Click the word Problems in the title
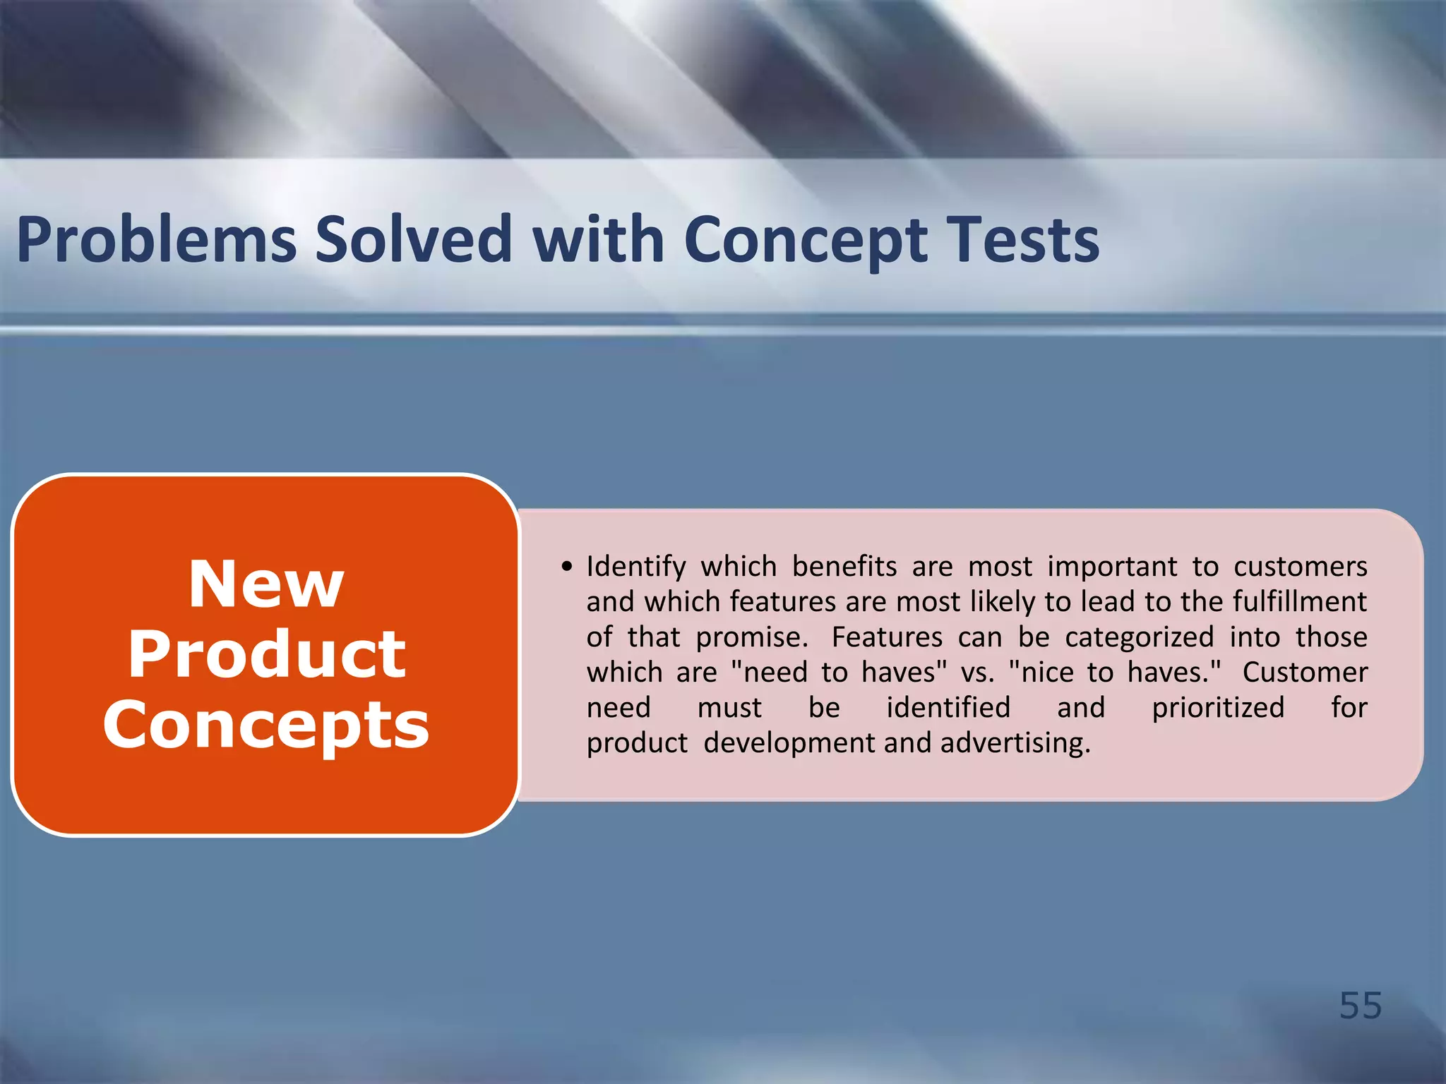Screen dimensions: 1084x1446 click(x=157, y=240)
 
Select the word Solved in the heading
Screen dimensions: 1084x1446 click(x=413, y=240)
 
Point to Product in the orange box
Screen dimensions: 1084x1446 click(x=266, y=654)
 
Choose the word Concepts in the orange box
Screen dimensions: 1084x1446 click(x=266, y=725)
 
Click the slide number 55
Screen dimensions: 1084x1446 click(x=1361, y=1005)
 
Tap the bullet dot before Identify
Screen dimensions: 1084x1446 click(x=566, y=567)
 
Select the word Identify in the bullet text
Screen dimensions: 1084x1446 click(x=636, y=567)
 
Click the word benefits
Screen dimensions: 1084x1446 click(x=844, y=567)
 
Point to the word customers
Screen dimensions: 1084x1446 click(x=1301, y=567)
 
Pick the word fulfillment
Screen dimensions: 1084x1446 click(x=1300, y=602)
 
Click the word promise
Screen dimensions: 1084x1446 click(x=751, y=637)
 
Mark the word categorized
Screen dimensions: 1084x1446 click(x=1139, y=637)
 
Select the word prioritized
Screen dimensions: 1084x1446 click(x=1218, y=708)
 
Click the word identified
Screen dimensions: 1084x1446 click(x=948, y=708)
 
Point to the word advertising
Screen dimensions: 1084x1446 click(x=1015, y=743)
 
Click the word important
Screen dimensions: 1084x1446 click(x=1112, y=567)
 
